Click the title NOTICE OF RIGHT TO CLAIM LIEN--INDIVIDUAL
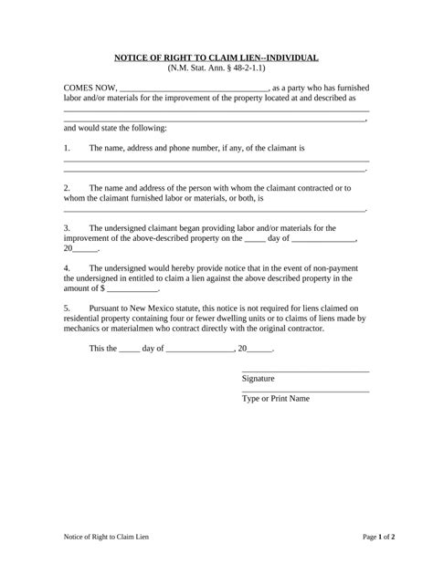(216, 57)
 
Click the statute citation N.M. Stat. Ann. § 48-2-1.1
(216, 68)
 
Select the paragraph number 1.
(67, 147)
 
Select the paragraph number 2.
(67, 187)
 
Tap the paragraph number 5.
(67, 308)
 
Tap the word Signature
(259, 378)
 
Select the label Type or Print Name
(276, 398)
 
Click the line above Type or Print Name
(305, 391)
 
